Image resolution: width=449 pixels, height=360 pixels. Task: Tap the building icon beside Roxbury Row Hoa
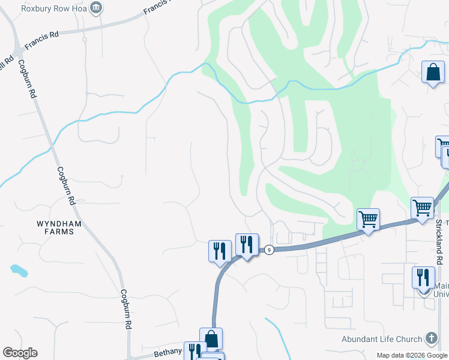(x=95, y=8)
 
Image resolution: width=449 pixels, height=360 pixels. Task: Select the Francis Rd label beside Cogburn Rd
(x=41, y=39)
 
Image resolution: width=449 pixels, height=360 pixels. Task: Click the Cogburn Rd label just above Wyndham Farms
(x=67, y=185)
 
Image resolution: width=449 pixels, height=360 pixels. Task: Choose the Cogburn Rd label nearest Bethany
(x=126, y=308)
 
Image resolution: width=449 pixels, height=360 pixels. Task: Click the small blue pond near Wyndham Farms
(x=19, y=271)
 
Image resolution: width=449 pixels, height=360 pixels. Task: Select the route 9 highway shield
(x=270, y=250)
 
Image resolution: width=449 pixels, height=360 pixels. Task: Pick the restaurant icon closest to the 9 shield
(x=247, y=245)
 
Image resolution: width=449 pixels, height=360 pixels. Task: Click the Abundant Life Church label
(x=382, y=338)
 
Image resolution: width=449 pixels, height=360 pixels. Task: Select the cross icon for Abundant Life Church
(x=432, y=338)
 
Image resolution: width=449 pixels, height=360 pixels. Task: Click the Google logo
(x=20, y=353)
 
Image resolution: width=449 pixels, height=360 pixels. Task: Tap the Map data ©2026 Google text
(x=411, y=355)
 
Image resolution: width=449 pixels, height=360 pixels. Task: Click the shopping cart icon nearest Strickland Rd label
(x=423, y=208)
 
